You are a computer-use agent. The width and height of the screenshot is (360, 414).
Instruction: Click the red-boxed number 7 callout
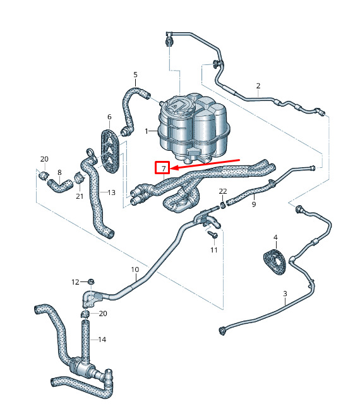click(x=162, y=168)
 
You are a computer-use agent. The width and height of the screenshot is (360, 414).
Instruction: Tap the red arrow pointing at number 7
click(x=205, y=163)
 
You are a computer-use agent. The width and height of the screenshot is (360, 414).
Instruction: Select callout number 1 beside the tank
click(x=147, y=131)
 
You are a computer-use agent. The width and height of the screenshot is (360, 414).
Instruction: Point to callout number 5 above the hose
click(x=135, y=74)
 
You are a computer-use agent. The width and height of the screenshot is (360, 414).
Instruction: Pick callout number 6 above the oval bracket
click(x=109, y=117)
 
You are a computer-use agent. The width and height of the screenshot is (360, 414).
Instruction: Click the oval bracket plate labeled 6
click(x=111, y=151)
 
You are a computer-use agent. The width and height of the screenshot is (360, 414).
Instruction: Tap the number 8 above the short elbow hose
click(x=59, y=172)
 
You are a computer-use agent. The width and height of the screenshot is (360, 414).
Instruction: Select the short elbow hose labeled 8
click(x=60, y=185)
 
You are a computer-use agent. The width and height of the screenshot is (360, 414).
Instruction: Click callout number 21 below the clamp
click(x=80, y=196)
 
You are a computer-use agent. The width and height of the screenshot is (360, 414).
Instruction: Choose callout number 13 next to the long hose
click(x=112, y=192)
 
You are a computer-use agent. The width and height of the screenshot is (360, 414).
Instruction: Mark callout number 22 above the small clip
click(x=223, y=191)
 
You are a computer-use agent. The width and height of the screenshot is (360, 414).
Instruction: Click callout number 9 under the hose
click(x=254, y=204)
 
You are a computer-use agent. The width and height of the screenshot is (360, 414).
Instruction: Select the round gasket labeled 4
click(x=275, y=261)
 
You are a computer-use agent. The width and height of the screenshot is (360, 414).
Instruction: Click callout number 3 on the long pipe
click(x=285, y=293)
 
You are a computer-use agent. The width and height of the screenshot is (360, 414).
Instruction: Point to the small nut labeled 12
click(x=91, y=281)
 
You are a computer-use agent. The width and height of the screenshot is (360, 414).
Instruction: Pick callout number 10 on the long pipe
click(x=135, y=269)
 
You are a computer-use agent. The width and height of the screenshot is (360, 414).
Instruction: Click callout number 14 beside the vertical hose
click(x=102, y=340)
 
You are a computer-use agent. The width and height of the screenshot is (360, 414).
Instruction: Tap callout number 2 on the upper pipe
click(x=258, y=86)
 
